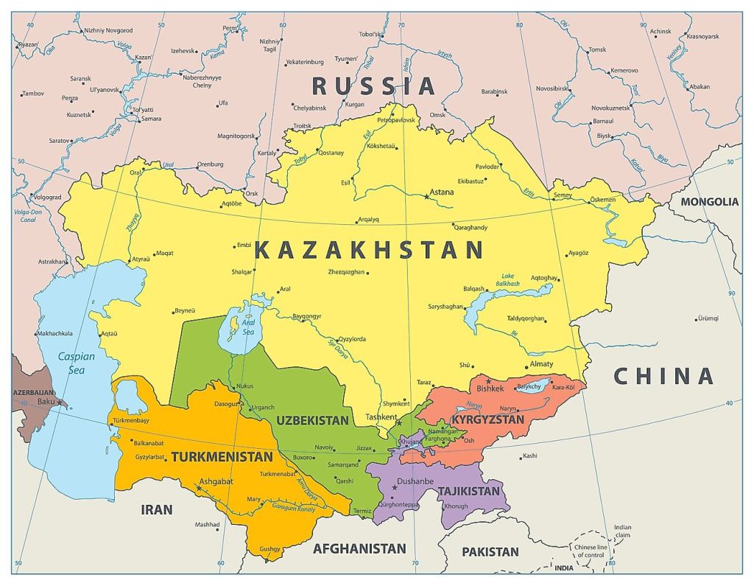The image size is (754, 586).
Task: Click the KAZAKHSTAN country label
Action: pos(368,251)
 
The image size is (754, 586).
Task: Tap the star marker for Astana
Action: pos(426,197)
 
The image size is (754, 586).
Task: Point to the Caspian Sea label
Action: pos(76,363)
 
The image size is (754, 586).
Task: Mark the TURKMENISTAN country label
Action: pos(222,457)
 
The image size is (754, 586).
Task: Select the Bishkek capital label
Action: pos(490,388)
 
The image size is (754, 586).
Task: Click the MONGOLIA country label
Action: pos(709,202)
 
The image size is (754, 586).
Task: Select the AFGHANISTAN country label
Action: pos(359,548)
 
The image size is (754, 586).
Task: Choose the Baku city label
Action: pos(46,402)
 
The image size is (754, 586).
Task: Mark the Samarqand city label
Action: pos(343,465)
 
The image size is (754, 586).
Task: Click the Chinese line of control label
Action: pos(592,551)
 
